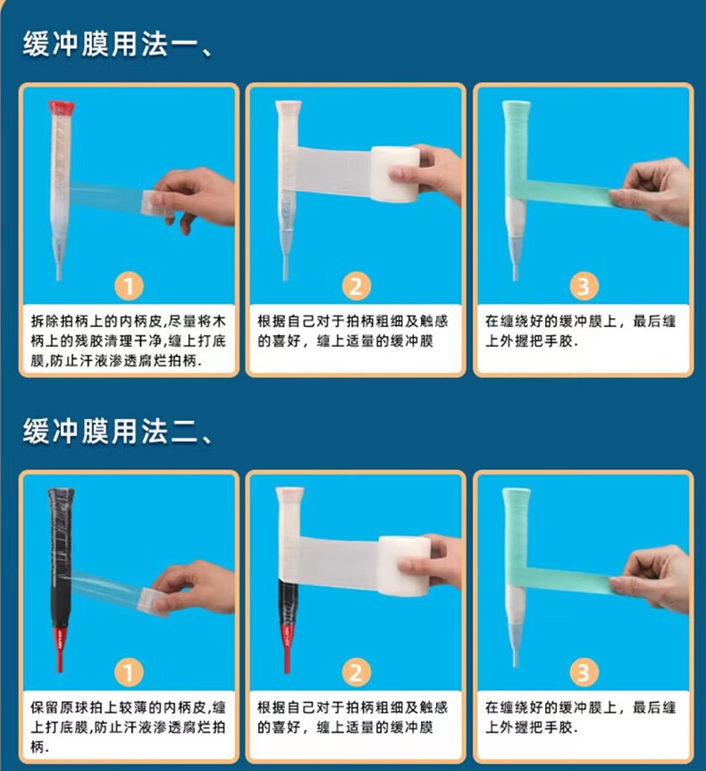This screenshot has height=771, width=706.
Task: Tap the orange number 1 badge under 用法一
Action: click(129, 286)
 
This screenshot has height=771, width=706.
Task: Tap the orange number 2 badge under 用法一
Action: click(357, 286)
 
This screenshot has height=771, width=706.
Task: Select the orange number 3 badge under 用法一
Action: click(584, 286)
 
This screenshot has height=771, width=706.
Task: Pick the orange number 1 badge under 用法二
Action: click(129, 673)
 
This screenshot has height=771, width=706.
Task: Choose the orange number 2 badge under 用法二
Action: click(357, 673)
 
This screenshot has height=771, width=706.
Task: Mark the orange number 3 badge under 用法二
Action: click(584, 673)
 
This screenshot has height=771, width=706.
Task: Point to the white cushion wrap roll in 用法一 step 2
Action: click(395, 174)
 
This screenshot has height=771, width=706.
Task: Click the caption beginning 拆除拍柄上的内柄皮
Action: click(129, 341)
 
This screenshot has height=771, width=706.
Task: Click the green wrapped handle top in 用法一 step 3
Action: click(515, 147)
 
